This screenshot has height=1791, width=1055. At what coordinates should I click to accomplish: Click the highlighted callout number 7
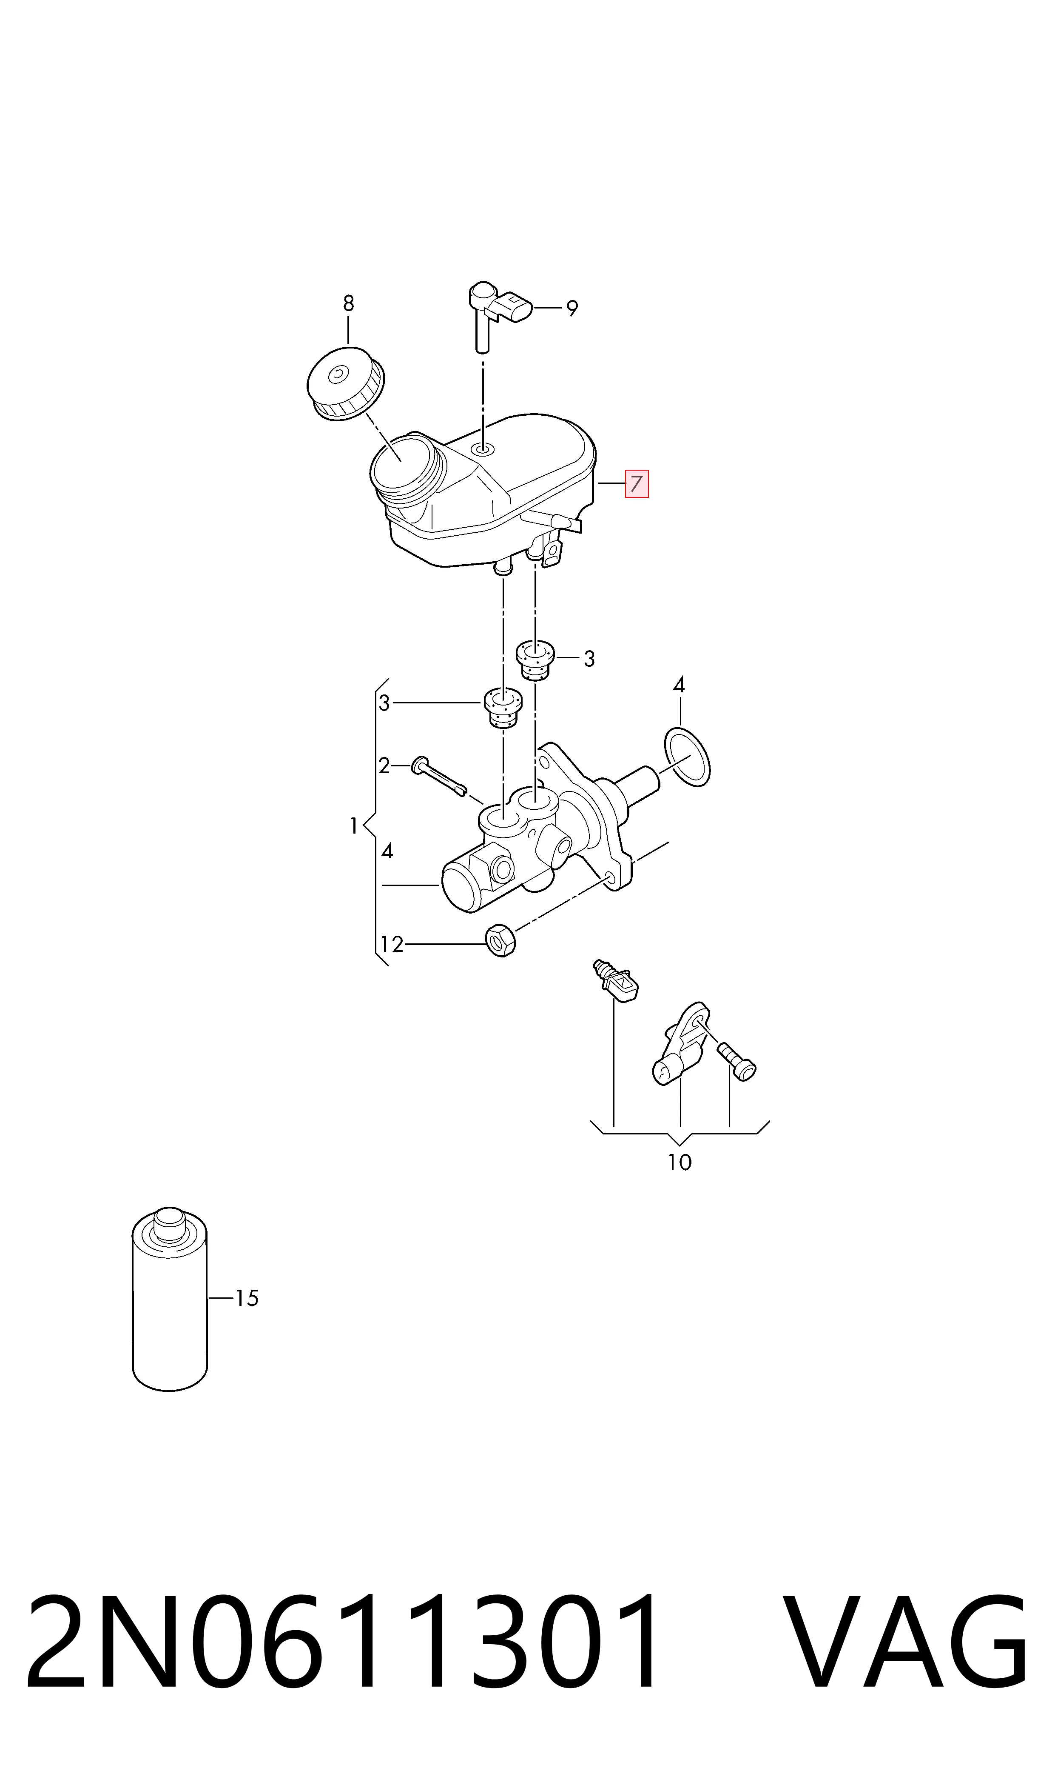coord(636,484)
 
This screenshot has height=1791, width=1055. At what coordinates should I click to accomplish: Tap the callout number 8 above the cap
coord(348,304)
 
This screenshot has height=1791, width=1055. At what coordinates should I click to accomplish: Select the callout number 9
coord(572,308)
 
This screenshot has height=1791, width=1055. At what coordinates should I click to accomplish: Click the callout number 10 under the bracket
coord(680,1162)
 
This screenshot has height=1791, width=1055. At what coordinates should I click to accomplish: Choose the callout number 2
coord(384,766)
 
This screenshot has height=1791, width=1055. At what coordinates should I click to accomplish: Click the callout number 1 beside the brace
coord(353,826)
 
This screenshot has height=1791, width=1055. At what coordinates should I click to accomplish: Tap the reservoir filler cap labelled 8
coord(346,384)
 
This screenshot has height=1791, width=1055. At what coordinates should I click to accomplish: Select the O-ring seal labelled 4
coord(687,757)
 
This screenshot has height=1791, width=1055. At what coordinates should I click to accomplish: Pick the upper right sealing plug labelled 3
coord(535,660)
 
